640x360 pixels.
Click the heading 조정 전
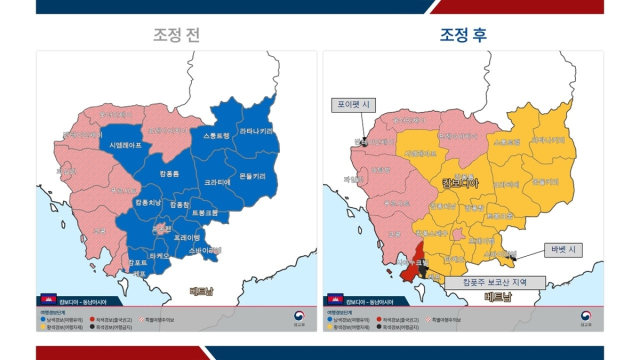click(176, 35)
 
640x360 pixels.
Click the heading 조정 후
click(464, 35)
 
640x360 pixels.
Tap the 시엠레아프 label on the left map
click(125, 145)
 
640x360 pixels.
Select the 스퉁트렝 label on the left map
click(216, 135)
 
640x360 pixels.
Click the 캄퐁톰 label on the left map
click(169, 174)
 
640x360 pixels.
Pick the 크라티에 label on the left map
click(218, 183)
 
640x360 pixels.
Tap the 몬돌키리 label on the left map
click(252, 176)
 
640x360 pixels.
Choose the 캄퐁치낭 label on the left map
click(146, 202)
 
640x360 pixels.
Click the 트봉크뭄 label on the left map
click(204, 212)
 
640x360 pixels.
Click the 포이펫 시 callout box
click(354, 104)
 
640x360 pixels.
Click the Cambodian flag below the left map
click(46, 300)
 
